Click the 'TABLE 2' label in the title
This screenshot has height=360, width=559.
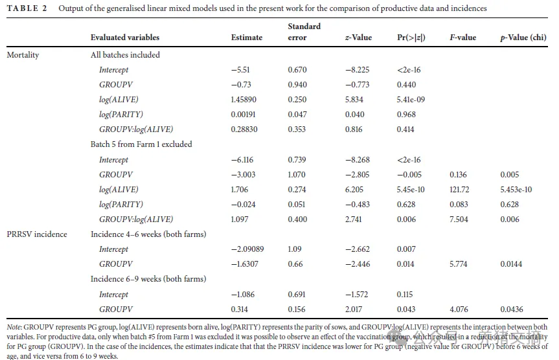[26, 8]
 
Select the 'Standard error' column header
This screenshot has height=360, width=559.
[304, 32]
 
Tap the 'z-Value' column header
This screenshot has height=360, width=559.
[358, 38]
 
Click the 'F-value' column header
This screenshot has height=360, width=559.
[462, 38]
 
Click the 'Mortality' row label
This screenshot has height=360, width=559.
[23, 55]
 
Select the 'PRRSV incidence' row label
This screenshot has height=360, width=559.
[37, 234]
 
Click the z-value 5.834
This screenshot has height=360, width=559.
[354, 100]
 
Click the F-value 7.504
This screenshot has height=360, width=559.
[459, 219]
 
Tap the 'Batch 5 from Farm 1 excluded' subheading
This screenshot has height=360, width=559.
[141, 144]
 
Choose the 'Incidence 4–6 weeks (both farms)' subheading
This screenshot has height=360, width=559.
[148, 234]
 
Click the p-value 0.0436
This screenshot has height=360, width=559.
[512, 309]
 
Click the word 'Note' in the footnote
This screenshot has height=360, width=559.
[15, 328]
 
